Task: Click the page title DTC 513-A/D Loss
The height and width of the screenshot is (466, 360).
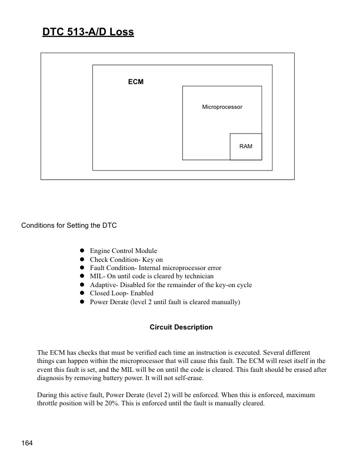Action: tap(88, 32)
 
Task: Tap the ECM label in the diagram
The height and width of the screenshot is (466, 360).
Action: tap(135, 82)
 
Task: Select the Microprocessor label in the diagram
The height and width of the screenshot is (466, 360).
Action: tap(222, 107)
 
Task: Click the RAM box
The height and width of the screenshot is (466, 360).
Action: tap(246, 146)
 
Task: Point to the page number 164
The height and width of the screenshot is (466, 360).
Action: tap(28, 442)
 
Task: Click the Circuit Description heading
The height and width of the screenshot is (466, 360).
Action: tap(181, 327)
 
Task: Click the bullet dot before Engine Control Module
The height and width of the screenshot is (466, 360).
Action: tap(83, 251)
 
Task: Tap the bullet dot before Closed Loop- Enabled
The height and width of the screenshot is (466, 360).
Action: tap(83, 293)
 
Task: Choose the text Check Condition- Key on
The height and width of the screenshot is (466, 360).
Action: tap(126, 259)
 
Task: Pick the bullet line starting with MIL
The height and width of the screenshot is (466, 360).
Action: tap(151, 276)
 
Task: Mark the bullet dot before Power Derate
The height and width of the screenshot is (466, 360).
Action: tap(83, 302)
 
